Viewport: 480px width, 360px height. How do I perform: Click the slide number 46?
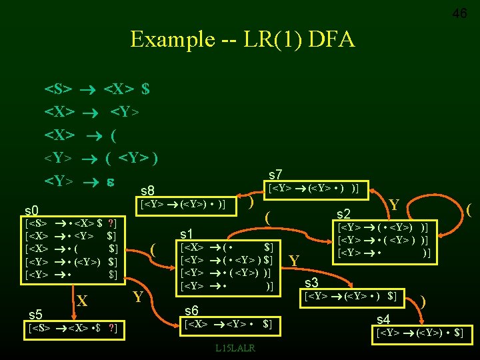click(x=459, y=13)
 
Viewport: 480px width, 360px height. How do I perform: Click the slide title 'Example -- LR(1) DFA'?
click(x=243, y=39)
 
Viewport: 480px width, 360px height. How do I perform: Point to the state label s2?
click(x=344, y=214)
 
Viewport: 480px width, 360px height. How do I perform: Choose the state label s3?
click(x=311, y=283)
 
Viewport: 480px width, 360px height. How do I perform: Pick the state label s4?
click(x=384, y=319)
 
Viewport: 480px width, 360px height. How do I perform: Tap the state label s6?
click(x=191, y=311)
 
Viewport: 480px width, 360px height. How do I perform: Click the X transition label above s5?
click(x=82, y=301)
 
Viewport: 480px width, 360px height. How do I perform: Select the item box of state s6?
click(x=228, y=325)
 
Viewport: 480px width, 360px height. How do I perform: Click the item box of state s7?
click(x=313, y=189)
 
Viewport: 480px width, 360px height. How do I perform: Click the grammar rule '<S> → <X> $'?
click(x=97, y=89)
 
